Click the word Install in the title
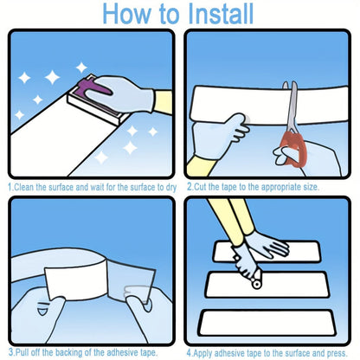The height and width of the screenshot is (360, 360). coord(221,14)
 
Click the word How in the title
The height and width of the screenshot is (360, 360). coord(127,14)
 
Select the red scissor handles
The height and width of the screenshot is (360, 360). coord(293,150)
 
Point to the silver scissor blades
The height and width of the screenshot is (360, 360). coord(292,106)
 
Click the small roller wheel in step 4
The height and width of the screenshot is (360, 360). coord(255,284)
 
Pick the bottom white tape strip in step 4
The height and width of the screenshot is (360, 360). coord(267,323)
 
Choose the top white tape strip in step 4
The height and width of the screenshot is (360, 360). coord(267,252)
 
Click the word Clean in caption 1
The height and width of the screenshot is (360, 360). coord(23,188)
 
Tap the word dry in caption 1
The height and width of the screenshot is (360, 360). coord(171,188)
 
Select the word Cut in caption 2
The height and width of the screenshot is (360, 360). coord(200,187)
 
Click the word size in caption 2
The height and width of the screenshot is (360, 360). coord(311,187)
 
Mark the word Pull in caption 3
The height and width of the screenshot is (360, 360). coord(22,352)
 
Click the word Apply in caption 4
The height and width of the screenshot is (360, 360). coord(202,353)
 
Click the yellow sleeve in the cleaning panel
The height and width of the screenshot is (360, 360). coord(164,101)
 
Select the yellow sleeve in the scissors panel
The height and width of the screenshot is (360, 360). coord(200,167)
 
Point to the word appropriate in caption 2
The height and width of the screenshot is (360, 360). coord(276,188)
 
